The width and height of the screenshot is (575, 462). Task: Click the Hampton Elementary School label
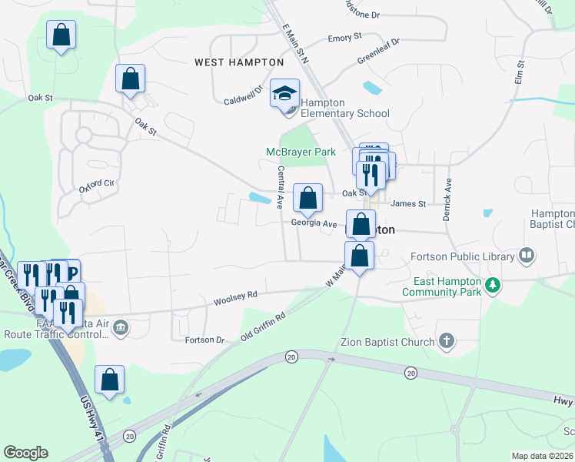click(344, 108)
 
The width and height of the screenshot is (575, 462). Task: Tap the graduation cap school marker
click(284, 95)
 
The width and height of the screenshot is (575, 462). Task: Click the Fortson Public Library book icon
click(527, 255)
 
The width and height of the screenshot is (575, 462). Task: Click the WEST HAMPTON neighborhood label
click(240, 62)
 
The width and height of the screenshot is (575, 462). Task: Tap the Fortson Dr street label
click(204, 340)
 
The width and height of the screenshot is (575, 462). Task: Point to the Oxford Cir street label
click(96, 185)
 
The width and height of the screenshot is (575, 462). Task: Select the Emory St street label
click(344, 38)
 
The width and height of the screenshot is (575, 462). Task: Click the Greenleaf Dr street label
click(380, 54)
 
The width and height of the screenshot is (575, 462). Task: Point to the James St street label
click(408, 204)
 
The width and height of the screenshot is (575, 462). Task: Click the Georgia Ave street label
click(314, 224)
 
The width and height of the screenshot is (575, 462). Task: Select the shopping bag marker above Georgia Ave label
click(307, 199)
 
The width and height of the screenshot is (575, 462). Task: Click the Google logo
click(25, 453)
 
